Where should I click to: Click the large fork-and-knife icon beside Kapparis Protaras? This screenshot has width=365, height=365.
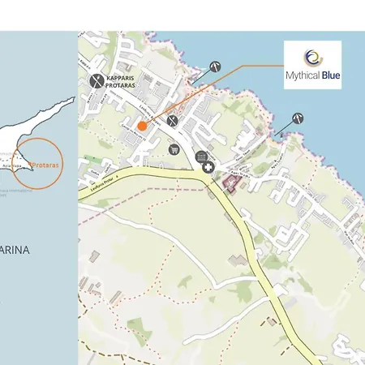[97, 80]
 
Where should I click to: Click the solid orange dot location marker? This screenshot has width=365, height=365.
[142, 126]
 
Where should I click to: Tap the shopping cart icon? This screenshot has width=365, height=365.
[174, 149]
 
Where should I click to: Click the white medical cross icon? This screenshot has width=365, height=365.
[209, 167]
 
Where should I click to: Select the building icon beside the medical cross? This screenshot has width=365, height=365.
[201, 157]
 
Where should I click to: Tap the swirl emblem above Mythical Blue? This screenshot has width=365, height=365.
[311, 57]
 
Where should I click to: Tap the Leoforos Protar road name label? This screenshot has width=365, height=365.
[99, 183]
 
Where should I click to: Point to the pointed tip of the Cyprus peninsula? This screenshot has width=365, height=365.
[74, 100]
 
